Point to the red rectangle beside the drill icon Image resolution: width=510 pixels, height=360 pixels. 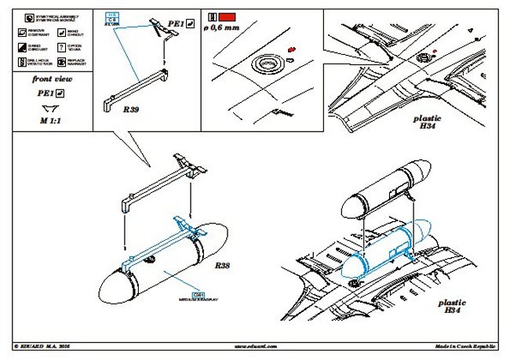click(x=228, y=16)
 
